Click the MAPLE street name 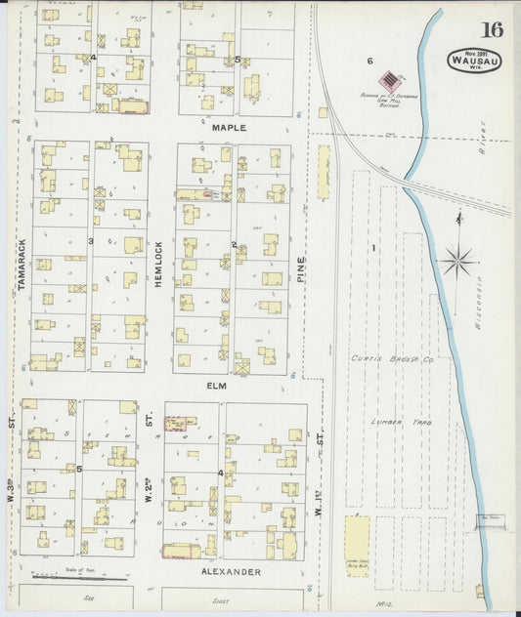tap(229, 127)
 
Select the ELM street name tap(216, 386)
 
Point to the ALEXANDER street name tap(231, 571)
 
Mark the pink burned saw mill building tap(391, 76)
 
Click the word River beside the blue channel tap(481, 146)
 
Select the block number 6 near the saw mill tap(369, 61)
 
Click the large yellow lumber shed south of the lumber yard tap(358, 546)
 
